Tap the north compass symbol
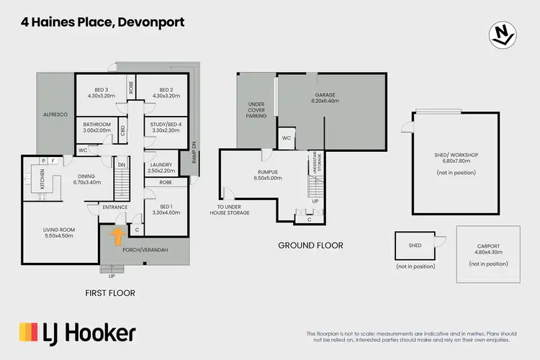point(503,34)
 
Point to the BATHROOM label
point(97,127)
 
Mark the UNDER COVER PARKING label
point(256,109)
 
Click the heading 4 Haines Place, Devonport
point(102,22)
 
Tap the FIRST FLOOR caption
point(110,293)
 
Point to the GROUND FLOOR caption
point(310,246)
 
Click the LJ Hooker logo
point(77,333)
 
